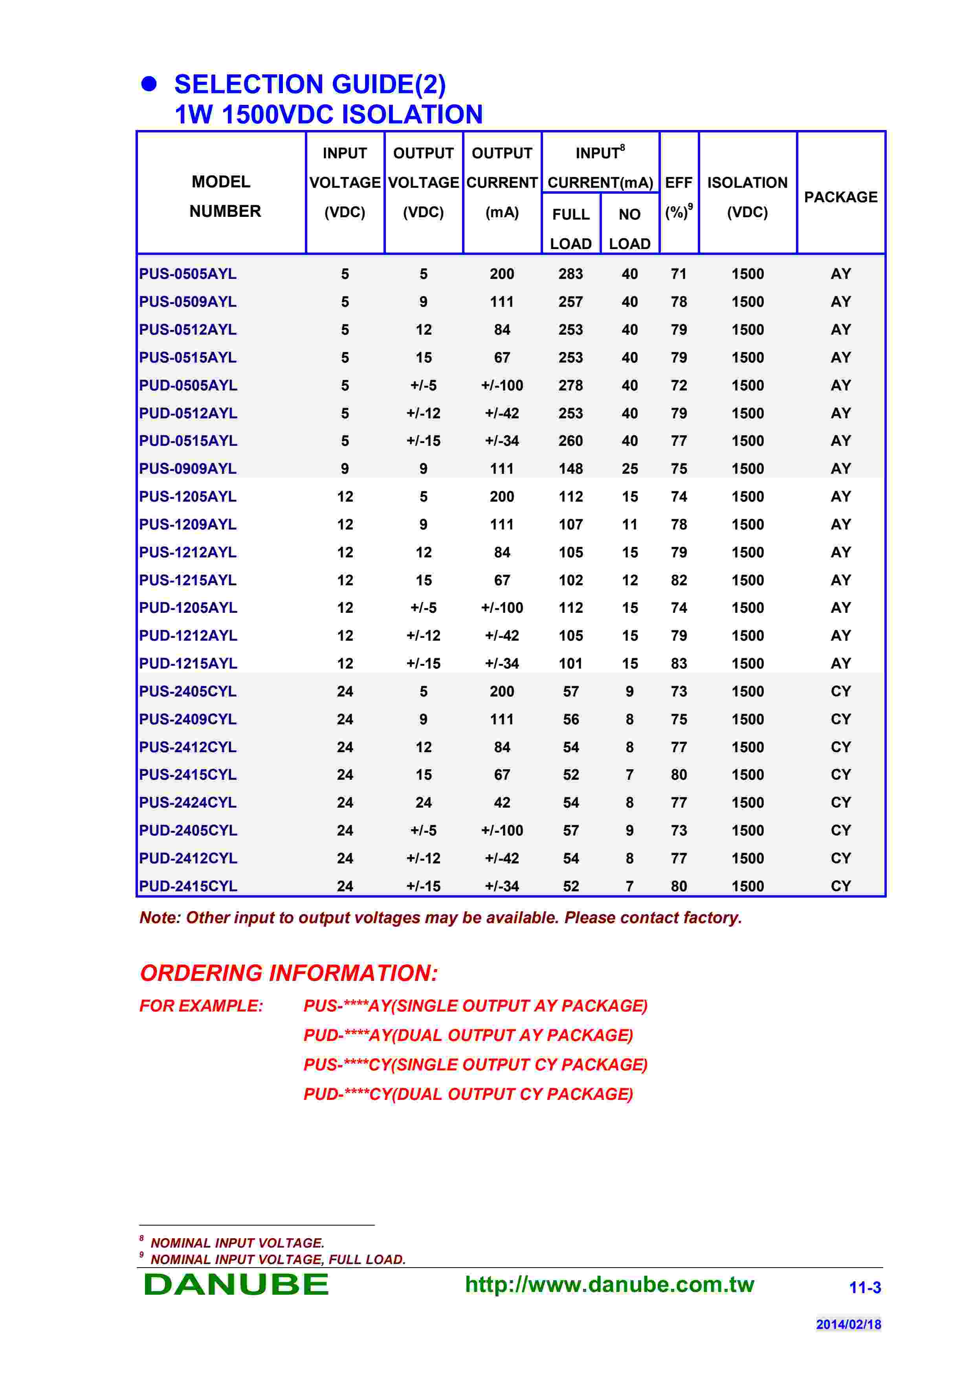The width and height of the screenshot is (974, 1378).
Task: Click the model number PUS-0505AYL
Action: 187,274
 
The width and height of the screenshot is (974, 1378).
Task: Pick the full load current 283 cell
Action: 571,274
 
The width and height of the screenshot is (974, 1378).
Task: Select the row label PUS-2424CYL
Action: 188,803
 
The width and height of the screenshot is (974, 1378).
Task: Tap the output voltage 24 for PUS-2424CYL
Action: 424,803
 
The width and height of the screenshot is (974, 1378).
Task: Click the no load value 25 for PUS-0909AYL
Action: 629,469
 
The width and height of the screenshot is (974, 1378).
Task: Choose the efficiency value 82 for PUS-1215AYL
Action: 679,580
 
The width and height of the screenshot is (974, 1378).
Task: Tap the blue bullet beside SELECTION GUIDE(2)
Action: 149,84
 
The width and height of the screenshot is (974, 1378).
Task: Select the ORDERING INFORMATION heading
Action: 289,973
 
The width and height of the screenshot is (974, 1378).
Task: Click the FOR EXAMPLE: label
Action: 201,1006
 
